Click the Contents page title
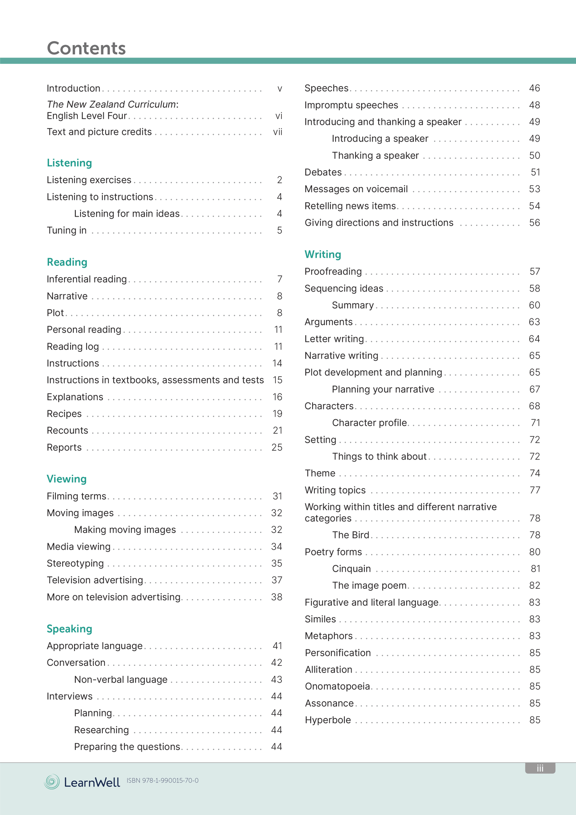[86, 48]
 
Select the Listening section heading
[69, 163]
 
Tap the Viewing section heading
[67, 479]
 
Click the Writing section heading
[323, 255]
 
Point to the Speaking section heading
[69, 629]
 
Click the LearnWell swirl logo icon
[52, 782]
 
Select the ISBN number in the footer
[162, 781]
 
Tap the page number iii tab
[540, 768]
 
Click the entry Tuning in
[67, 231]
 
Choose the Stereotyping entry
[75, 563]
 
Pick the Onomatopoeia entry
[338, 686]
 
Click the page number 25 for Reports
[277, 448]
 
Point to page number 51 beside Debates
[535, 172]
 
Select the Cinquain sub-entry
[351, 569]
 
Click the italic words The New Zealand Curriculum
[111, 105]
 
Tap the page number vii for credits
[277, 132]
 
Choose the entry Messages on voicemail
[356, 189]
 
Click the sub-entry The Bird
[351, 535]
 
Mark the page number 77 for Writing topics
[535, 490]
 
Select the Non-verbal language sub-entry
[121, 679]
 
